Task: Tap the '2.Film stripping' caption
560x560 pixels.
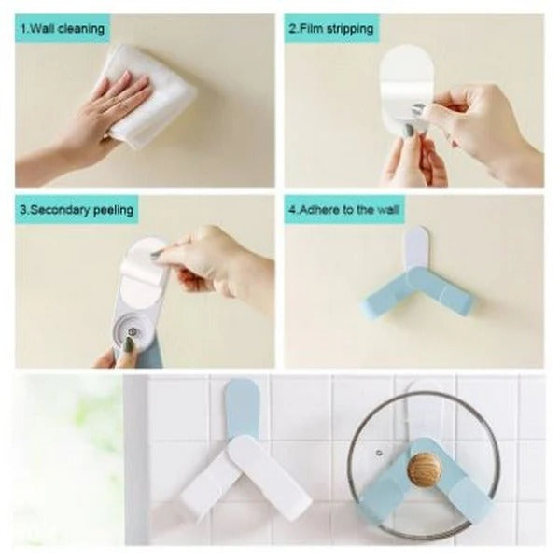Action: click(x=331, y=29)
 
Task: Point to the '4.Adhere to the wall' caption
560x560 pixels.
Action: click(x=343, y=209)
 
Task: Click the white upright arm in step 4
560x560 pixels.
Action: click(x=416, y=255)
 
